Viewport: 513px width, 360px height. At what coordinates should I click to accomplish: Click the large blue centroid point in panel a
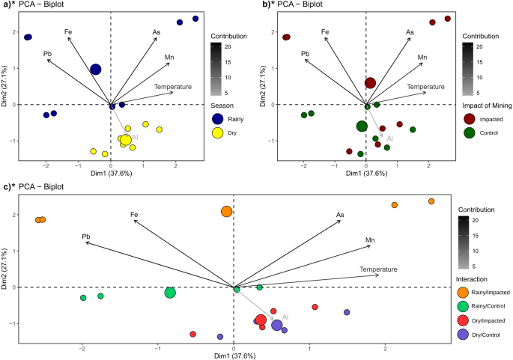click(95, 70)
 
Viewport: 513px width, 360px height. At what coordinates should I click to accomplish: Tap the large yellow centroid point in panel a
click(126, 140)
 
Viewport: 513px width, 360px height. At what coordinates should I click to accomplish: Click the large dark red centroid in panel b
click(370, 82)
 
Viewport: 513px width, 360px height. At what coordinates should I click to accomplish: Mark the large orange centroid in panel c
click(227, 212)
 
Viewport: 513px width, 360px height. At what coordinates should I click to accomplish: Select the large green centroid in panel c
click(170, 293)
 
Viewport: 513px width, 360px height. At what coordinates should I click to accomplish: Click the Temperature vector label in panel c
click(377, 269)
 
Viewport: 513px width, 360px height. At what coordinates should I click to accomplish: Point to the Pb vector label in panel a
click(48, 54)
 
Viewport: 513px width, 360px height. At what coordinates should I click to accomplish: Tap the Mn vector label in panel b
click(422, 57)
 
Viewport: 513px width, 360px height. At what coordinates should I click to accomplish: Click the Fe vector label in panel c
click(134, 215)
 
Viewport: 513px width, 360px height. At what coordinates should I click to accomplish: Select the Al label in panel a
click(136, 137)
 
